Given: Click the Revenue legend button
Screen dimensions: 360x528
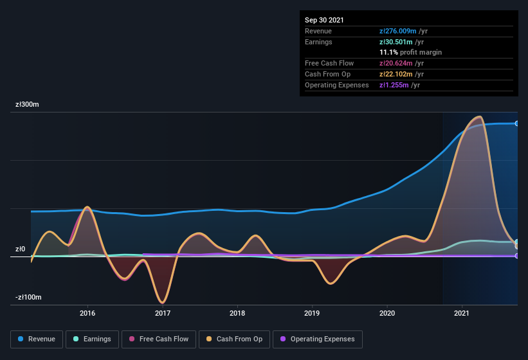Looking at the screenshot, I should coord(37,339).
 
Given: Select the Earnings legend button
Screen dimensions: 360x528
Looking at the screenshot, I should coord(92,339).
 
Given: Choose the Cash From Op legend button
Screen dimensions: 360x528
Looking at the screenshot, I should coord(233,339).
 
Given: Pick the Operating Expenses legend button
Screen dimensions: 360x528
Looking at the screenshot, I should coord(317,339).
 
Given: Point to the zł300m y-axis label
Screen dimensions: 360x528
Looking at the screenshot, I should coord(28,104).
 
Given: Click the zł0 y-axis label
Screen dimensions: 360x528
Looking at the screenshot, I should coord(21,249).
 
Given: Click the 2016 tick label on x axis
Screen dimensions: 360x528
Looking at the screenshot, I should coord(87,313).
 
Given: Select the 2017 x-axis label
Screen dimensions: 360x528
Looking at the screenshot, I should coord(163,313).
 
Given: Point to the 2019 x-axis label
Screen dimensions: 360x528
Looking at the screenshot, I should coord(313,313).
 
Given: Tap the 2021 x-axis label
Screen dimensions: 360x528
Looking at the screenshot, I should coord(462,313).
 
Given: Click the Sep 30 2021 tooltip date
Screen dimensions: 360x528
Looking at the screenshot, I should coord(324,20).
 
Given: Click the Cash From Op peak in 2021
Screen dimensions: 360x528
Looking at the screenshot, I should coord(478,117).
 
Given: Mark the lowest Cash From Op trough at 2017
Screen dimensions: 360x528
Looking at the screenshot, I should coord(163,303).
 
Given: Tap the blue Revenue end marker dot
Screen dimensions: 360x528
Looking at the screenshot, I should coord(517,123).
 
